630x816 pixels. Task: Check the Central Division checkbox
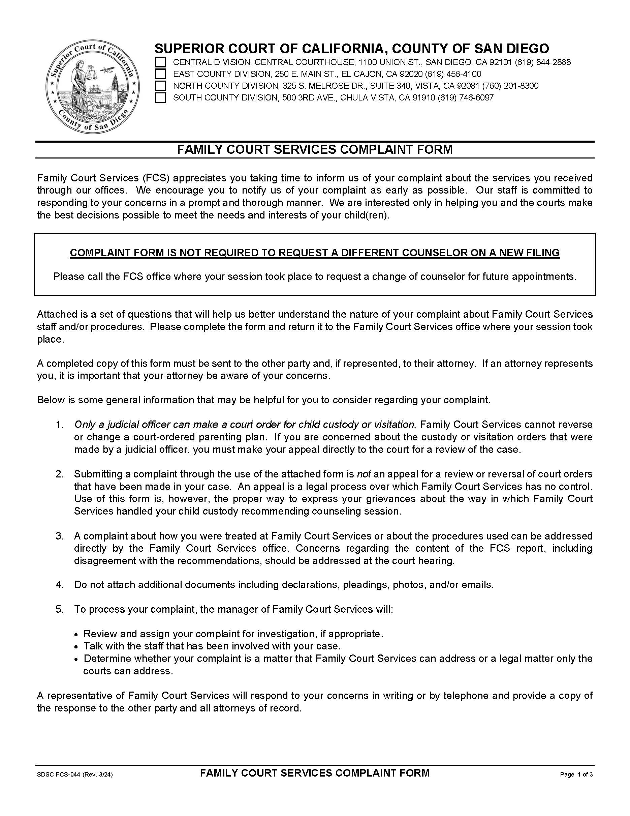click(160, 62)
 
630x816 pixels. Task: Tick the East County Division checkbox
click(160, 74)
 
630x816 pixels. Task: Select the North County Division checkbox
click(160, 86)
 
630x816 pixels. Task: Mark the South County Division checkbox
click(160, 98)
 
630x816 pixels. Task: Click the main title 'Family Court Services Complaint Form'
click(315, 149)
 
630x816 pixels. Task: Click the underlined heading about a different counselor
click(315, 253)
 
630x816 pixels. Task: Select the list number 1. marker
click(60, 425)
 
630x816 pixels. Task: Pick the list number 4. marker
click(60, 585)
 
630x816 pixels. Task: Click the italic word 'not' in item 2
click(364, 474)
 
